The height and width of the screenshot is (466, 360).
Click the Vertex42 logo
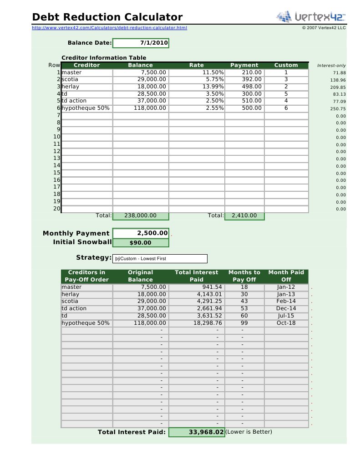pyautogui.click(x=310, y=17)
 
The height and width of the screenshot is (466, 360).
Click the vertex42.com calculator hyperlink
pyautogui.click(x=109, y=28)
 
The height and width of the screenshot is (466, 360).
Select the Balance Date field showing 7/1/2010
pyautogui.click(x=141, y=43)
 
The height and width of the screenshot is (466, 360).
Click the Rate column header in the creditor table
pyautogui.click(x=197, y=65)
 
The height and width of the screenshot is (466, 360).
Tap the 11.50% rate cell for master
pyautogui.click(x=197, y=72)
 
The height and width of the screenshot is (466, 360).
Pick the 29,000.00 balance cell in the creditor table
pyautogui.click(x=141, y=79)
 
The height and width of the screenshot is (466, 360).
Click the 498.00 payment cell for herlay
pyautogui.click(x=244, y=87)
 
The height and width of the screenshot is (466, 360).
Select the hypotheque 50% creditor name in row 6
pyautogui.click(x=86, y=108)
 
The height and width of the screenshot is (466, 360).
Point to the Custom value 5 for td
pyautogui.click(x=286, y=94)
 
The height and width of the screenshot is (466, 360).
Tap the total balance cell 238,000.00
pyautogui.click(x=141, y=216)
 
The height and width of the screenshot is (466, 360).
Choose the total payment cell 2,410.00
pyautogui.click(x=244, y=216)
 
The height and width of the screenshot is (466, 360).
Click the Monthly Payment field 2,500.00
pyautogui.click(x=141, y=233)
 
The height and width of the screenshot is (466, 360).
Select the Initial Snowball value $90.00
pyautogui.click(x=141, y=243)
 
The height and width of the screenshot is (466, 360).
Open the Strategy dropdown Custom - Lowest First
pyautogui.click(x=160, y=259)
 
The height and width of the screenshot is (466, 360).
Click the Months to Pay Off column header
pyautogui.click(x=244, y=276)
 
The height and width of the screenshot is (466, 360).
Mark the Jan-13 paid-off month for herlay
pyautogui.click(x=286, y=294)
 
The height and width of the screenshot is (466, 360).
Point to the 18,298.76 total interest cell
pyautogui.click(x=197, y=323)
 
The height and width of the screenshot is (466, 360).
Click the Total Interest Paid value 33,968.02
pyautogui.click(x=197, y=432)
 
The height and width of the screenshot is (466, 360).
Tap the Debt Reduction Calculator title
pyautogui.click(x=107, y=17)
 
